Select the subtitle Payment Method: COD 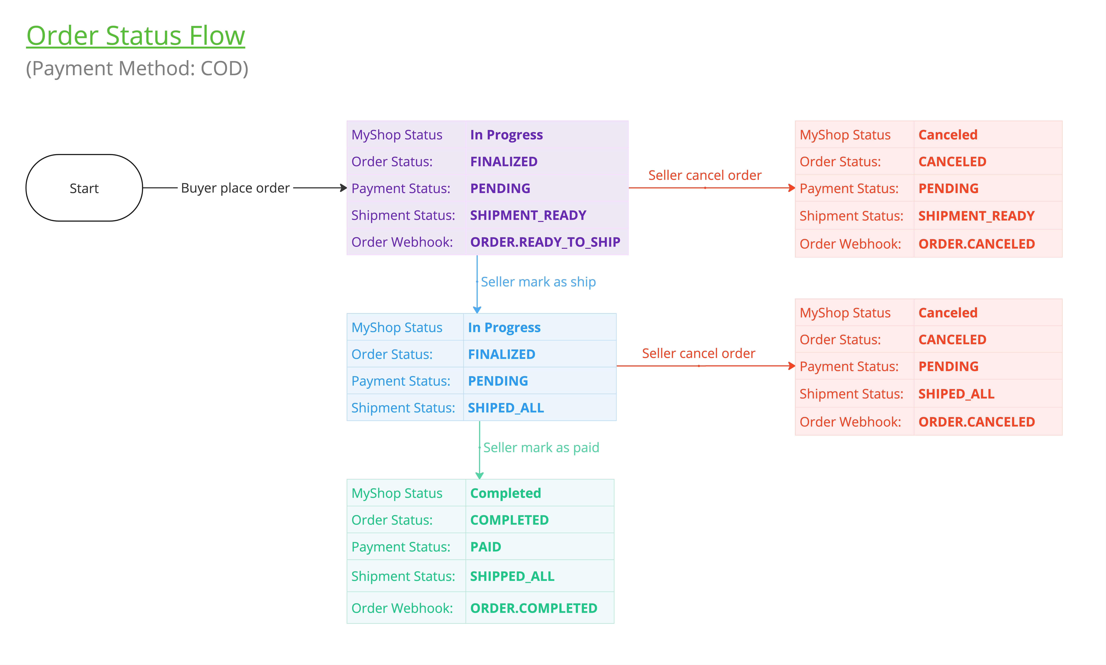tap(137, 69)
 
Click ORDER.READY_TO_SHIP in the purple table tap(545, 242)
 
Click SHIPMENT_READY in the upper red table tap(976, 216)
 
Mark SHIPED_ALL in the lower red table tap(956, 394)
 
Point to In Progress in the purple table tap(506, 135)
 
